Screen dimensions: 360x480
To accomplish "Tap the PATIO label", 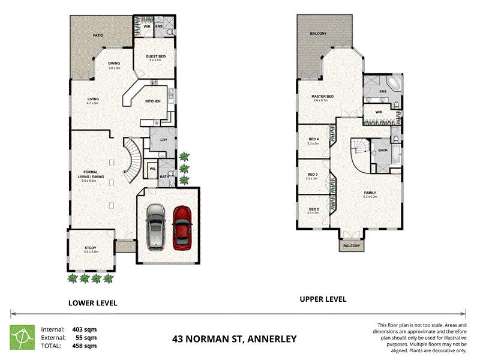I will point(98,36).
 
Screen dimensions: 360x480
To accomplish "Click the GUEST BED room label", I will point(155,56).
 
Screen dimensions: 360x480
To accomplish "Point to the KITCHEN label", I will point(152,101).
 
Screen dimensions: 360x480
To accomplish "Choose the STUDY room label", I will point(90,248).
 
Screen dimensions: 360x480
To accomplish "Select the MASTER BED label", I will point(322,97).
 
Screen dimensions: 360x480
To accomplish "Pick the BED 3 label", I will point(311,175).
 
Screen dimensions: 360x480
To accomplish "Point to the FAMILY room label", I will point(370,193).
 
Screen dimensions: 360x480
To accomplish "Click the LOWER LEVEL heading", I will point(92,303).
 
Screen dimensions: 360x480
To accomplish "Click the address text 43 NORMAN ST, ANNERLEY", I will point(234,339).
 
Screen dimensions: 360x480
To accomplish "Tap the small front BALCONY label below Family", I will point(352,245).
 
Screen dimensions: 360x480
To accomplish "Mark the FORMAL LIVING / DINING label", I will point(91,174).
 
